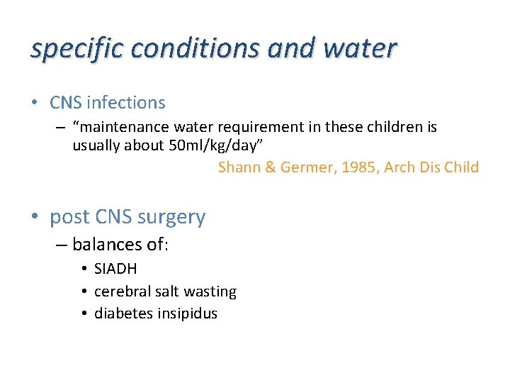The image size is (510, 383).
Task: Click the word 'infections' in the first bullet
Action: tap(125, 103)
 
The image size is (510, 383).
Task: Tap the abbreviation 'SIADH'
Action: tap(115, 269)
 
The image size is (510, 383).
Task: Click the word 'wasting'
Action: tap(210, 292)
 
